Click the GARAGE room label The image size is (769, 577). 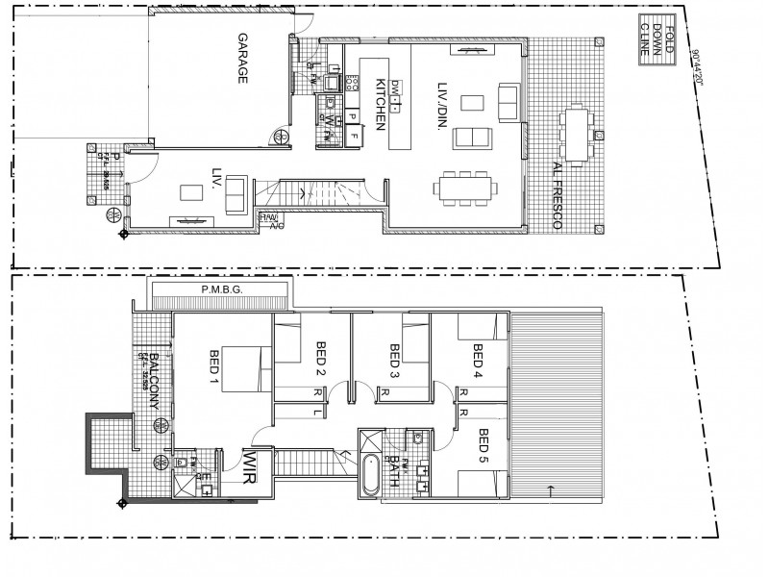pyautogui.click(x=242, y=60)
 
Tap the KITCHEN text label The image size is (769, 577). pyautogui.click(x=381, y=103)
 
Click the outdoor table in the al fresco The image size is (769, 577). pyautogui.click(x=577, y=135)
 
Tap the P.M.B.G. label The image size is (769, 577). pyautogui.click(x=220, y=288)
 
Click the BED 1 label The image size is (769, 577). pyautogui.click(x=213, y=368)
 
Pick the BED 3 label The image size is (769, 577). pyautogui.click(x=395, y=359)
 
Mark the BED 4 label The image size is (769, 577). pyautogui.click(x=478, y=359)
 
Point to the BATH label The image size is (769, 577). pyautogui.click(x=395, y=472)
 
